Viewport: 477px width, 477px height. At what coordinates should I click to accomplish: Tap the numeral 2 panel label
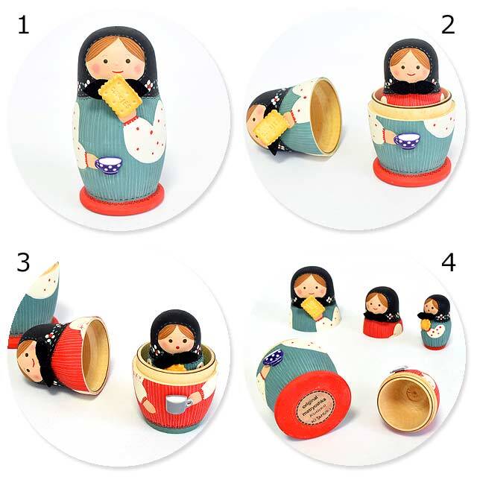click(447, 25)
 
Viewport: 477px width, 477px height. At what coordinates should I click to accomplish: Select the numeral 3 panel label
click(23, 262)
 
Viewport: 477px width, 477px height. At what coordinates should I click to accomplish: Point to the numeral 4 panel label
click(448, 262)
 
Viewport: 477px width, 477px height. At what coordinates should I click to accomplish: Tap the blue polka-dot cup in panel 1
click(109, 164)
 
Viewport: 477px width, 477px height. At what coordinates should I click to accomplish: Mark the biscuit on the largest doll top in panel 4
click(314, 308)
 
